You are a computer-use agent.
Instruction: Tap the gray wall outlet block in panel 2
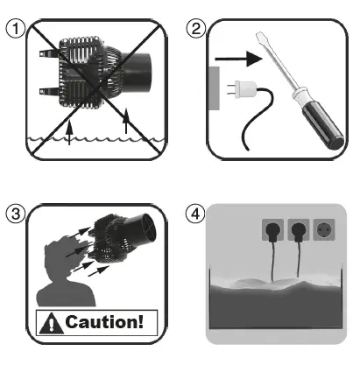(x=214, y=88)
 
